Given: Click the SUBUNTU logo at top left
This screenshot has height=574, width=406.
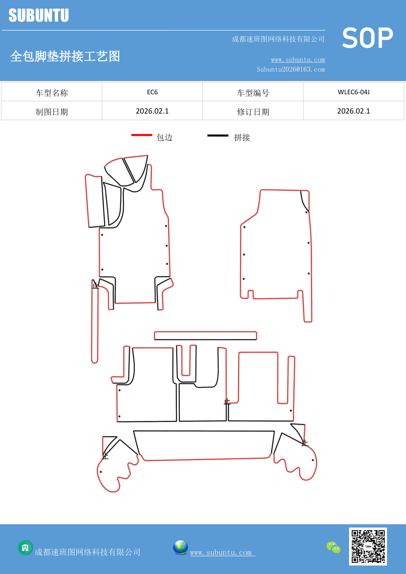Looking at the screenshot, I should pyautogui.click(x=39, y=15).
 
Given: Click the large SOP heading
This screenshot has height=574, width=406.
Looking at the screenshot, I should pyautogui.click(x=367, y=38).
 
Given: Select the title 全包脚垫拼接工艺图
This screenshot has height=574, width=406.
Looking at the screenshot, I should pyautogui.click(x=65, y=56).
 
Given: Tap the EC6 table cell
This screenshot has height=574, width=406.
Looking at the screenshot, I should pyautogui.click(x=152, y=92).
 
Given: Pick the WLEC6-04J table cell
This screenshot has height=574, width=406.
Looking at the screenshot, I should pyautogui.click(x=354, y=92).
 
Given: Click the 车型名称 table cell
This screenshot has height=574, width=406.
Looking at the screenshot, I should pyautogui.click(x=52, y=93).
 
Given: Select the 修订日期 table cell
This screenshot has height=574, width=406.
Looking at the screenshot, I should pyautogui.click(x=253, y=112).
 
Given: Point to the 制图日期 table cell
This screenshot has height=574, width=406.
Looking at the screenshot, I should pyautogui.click(x=52, y=112).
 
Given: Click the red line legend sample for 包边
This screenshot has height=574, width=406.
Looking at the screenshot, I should pyautogui.click(x=142, y=135).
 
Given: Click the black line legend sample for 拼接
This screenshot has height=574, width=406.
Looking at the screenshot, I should pyautogui.click(x=218, y=135).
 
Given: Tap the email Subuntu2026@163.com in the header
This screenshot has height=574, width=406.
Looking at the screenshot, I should pyautogui.click(x=291, y=69).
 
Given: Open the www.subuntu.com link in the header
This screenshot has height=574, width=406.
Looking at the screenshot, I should pyautogui.click(x=298, y=60).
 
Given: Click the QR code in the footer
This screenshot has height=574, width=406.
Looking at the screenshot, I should pyautogui.click(x=368, y=546).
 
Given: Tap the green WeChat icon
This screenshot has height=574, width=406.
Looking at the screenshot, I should pyautogui.click(x=333, y=547).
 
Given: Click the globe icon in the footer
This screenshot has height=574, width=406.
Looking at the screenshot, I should pyautogui.click(x=180, y=547).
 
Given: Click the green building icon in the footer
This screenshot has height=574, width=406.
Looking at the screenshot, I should pyautogui.click(x=25, y=547).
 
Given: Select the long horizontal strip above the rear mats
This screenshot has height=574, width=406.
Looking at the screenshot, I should pyautogui.click(x=205, y=336).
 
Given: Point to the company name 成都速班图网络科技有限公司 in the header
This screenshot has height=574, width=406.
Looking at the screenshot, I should pyautogui.click(x=278, y=39).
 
